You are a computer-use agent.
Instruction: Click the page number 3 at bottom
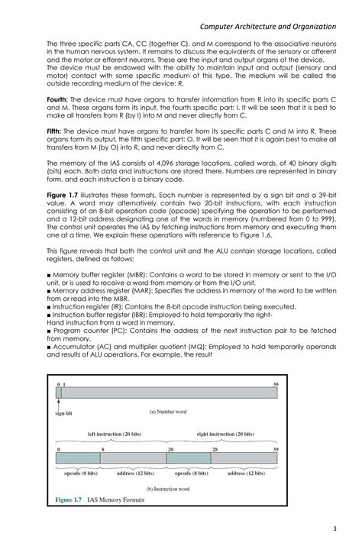(335, 529)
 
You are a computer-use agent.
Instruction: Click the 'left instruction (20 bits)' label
(112, 433)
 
